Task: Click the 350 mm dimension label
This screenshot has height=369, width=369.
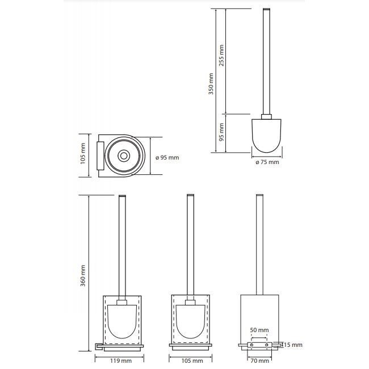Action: point(211,84)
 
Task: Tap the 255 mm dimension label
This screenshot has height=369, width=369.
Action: point(221,56)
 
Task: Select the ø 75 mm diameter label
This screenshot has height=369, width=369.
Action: point(267,162)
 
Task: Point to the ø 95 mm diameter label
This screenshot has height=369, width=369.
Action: point(167,157)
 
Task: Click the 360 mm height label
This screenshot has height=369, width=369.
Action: point(83,275)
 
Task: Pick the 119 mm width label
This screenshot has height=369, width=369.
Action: point(121,360)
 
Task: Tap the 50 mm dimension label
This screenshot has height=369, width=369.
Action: point(259,330)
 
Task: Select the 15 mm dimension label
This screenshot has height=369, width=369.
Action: point(293,345)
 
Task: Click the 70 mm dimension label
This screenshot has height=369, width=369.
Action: point(259,360)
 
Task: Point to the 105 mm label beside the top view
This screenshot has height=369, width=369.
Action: point(83,153)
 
